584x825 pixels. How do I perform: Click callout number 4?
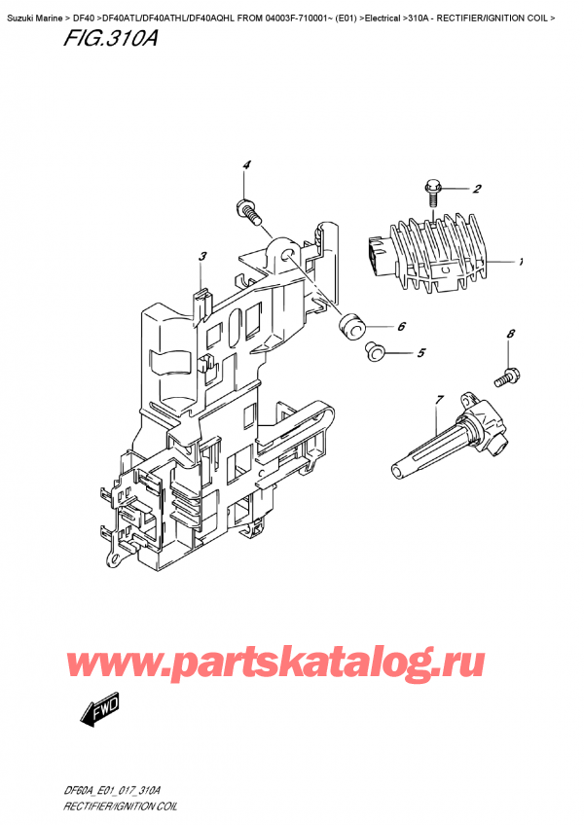[247, 164]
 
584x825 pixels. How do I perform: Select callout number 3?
[201, 257]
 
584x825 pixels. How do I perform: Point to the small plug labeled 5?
[373, 351]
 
